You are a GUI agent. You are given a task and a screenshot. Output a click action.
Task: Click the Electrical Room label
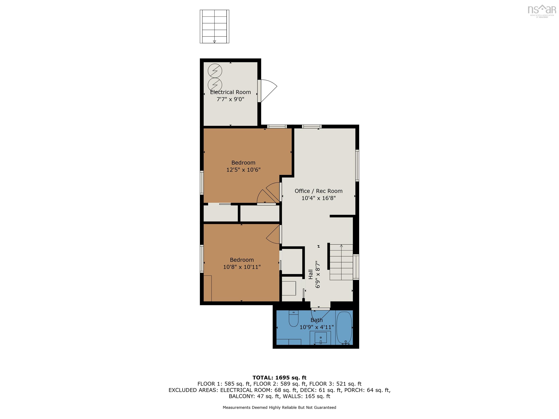(230, 92)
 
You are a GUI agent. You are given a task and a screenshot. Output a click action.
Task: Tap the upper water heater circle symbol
(215, 71)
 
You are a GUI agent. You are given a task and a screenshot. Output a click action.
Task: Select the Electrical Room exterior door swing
(268, 90)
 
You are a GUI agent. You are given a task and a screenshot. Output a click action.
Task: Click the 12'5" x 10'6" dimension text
(243, 170)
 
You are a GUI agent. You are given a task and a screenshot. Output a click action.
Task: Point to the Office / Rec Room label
(318, 191)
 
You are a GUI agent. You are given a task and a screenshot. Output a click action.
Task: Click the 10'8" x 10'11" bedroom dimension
(242, 267)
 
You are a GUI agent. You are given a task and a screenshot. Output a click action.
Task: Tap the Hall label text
(311, 274)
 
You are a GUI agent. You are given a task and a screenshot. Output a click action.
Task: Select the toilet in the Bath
(293, 319)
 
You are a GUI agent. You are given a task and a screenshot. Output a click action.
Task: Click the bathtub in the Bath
(344, 328)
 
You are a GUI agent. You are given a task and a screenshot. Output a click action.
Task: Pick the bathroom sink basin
(320, 337)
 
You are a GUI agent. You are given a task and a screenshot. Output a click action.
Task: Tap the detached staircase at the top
(214, 27)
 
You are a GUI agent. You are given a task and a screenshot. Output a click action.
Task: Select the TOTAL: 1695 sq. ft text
(279, 378)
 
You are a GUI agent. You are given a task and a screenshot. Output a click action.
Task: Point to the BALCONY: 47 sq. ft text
(254, 396)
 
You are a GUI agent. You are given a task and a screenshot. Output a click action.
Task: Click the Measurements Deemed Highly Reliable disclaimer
(279, 407)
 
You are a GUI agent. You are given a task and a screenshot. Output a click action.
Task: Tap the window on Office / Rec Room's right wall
(357, 165)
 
